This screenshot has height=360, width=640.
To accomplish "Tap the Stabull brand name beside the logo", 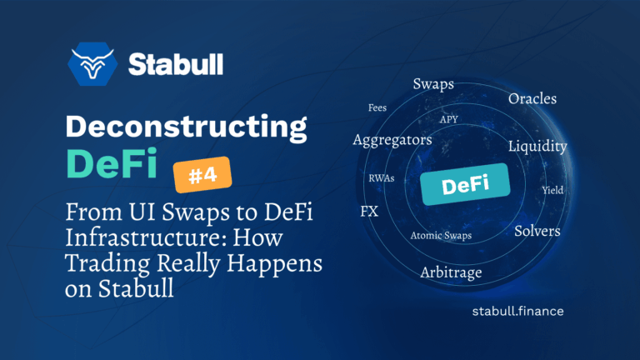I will point(175,64).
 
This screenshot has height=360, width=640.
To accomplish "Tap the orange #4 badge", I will point(202,176).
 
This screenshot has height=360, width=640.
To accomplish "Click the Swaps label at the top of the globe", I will point(433,84).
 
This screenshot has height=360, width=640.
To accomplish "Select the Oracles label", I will point(532,99).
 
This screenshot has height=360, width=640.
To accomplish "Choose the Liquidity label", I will point(537,147).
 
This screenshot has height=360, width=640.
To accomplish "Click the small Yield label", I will point(552,190).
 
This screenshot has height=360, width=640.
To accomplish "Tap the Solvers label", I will point(537,230).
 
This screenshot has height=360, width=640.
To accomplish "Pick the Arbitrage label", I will point(452,272).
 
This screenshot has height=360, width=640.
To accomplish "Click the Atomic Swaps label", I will point(441,236).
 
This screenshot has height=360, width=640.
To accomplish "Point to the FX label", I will point(369,211).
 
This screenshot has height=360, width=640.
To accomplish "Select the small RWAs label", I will point(382,178).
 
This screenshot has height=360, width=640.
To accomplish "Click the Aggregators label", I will point(392,140).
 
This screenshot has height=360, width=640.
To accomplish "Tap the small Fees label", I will point(377,107).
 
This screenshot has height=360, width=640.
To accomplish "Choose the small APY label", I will point(449,119).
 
